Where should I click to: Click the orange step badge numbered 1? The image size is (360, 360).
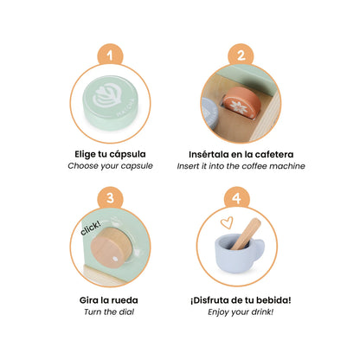109,56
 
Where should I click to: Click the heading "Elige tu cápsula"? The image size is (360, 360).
110,155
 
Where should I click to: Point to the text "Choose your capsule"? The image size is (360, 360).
110,167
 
